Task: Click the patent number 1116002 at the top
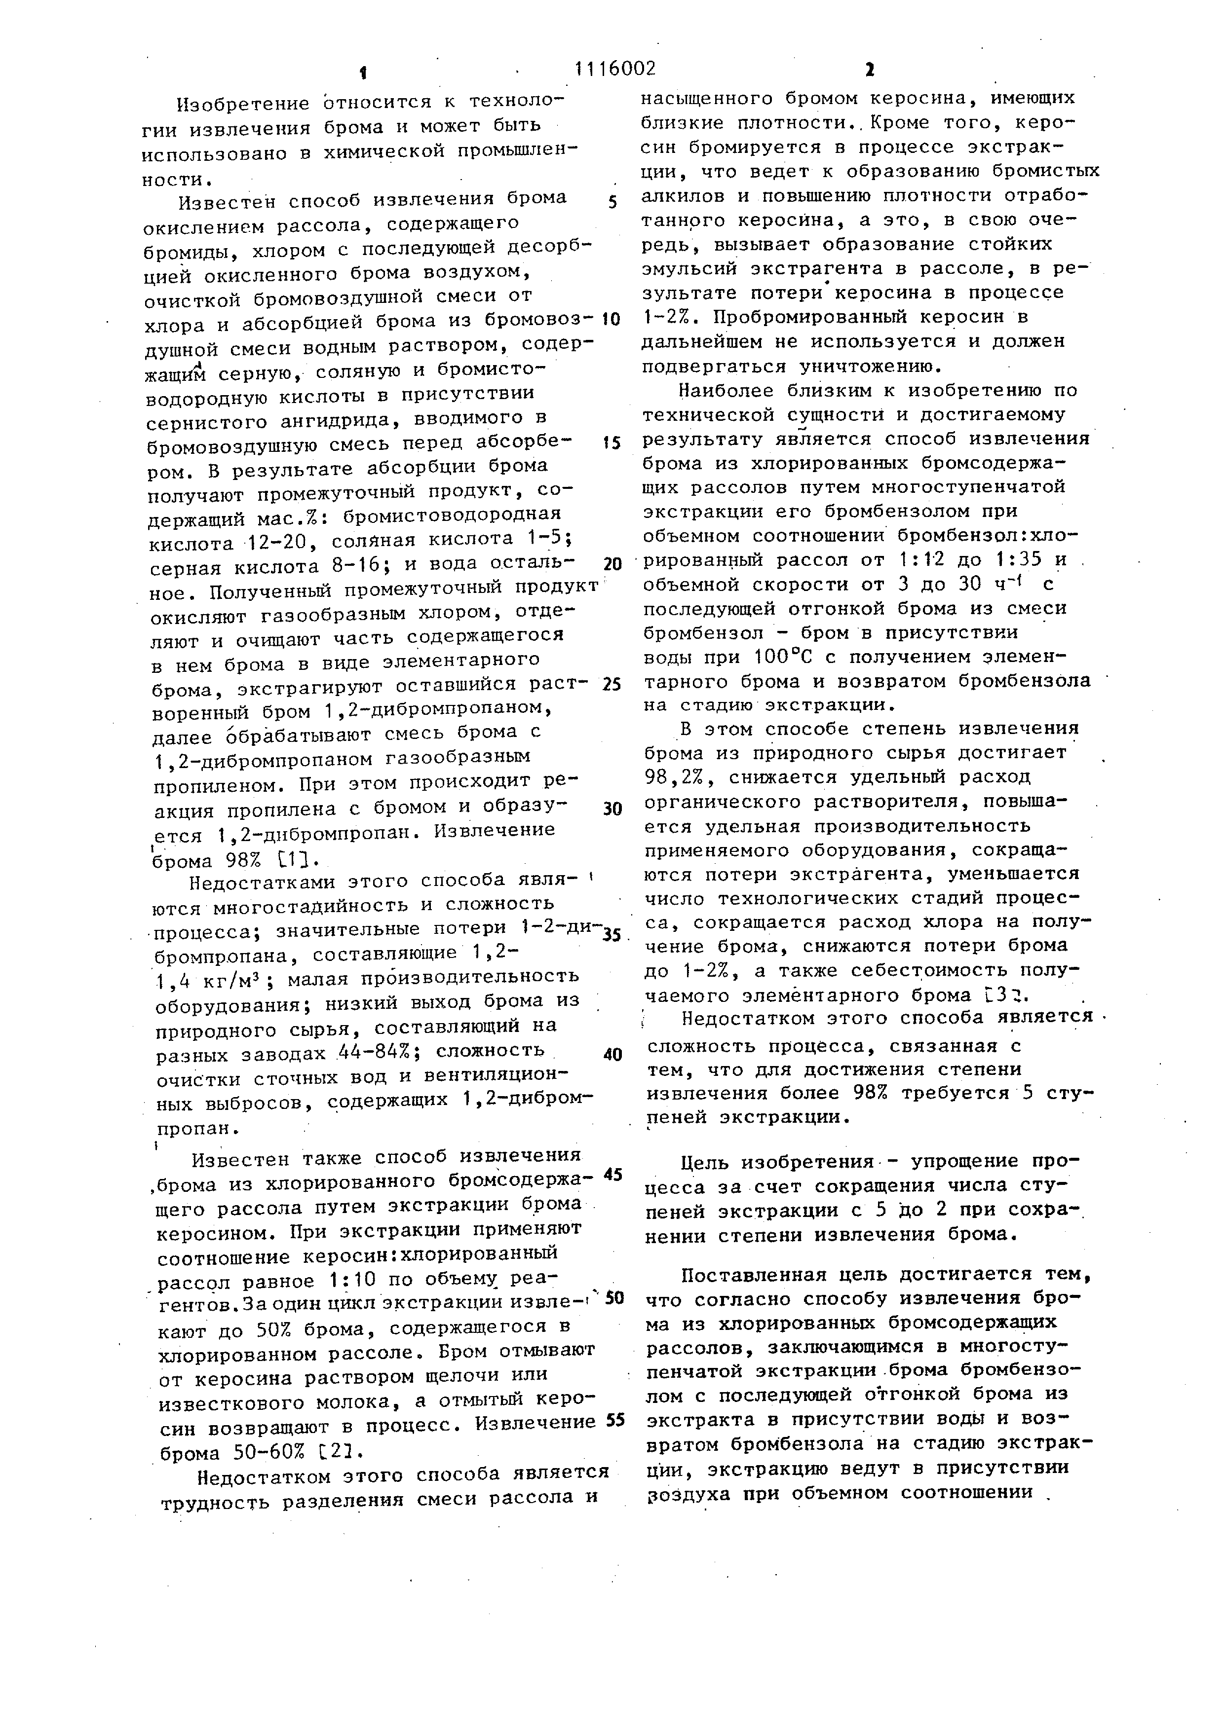[x=614, y=70]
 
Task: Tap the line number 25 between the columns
[x=612, y=684]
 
